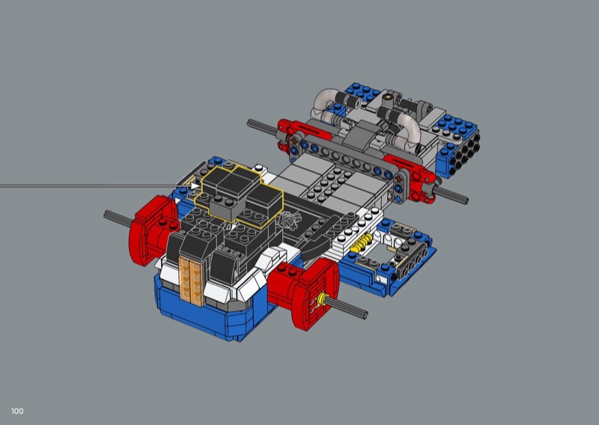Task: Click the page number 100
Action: [x=17, y=411]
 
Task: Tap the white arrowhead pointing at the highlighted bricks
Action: [x=195, y=186]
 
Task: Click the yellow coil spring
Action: [x=361, y=243]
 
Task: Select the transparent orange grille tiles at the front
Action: [x=191, y=281]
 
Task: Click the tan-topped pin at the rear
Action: [x=389, y=98]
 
